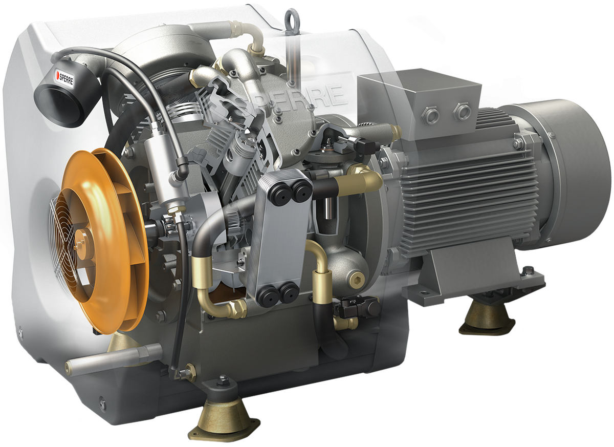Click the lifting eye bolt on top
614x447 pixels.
click(292, 22)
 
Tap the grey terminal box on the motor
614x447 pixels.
click(420, 99)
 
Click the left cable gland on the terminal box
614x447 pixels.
click(431, 114)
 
